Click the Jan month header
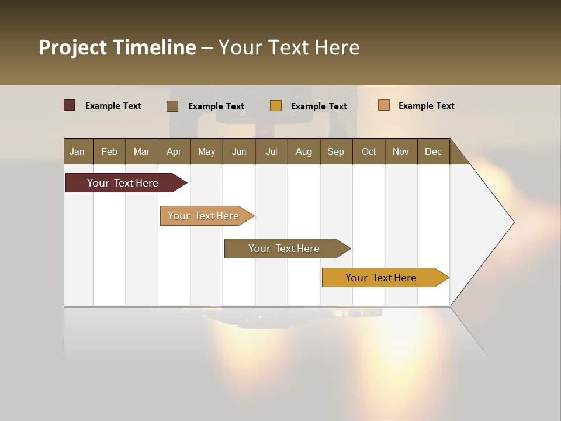(x=77, y=151)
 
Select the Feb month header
(x=109, y=151)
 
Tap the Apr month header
(x=174, y=151)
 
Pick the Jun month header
(x=239, y=151)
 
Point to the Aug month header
(x=304, y=151)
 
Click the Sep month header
(x=335, y=151)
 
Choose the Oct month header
(x=369, y=151)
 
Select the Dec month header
(x=433, y=151)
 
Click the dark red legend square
(x=69, y=105)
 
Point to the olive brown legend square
(x=172, y=106)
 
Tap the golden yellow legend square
(x=276, y=106)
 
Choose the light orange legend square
(x=383, y=105)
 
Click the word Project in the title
(x=72, y=47)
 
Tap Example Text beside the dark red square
(x=113, y=106)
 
